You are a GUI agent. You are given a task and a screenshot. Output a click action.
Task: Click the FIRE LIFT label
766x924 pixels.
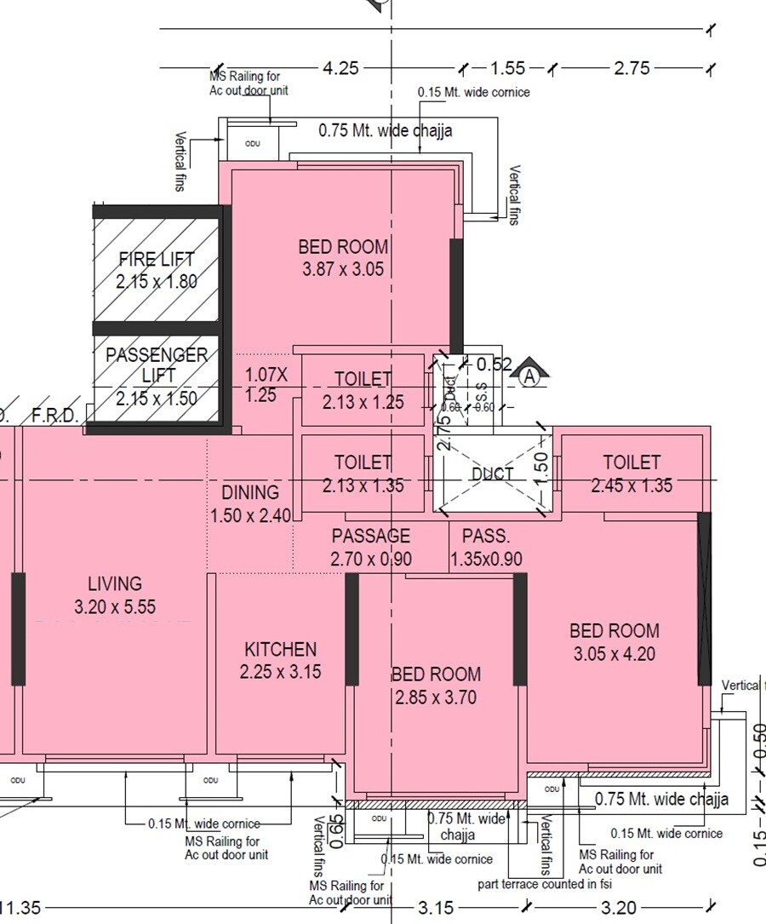coord(157,259)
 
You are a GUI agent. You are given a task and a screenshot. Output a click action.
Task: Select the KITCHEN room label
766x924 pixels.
coord(280,650)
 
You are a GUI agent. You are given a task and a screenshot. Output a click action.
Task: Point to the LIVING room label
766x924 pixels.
coord(115,584)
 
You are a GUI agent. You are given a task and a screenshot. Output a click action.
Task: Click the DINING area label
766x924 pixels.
coord(250,492)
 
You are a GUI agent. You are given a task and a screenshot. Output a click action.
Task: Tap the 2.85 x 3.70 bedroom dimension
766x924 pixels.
coord(436,698)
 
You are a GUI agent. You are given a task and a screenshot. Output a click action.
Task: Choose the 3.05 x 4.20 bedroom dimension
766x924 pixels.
coord(615,654)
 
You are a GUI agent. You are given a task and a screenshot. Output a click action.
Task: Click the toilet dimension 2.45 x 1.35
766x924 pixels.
coord(632,485)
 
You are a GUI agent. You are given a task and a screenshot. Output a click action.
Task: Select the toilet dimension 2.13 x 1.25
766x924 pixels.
coord(363,402)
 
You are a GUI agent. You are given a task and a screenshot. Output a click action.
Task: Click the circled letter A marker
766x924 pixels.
coord(531,376)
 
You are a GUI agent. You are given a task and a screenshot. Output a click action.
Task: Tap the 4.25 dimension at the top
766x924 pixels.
coord(340,68)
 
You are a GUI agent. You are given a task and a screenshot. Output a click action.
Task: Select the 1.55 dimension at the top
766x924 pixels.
coord(508,68)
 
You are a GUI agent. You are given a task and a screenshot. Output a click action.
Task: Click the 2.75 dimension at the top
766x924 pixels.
coord(632,68)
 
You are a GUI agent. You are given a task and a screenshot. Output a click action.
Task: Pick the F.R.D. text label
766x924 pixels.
coord(55,416)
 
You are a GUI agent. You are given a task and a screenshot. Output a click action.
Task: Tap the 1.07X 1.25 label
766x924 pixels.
coord(266,384)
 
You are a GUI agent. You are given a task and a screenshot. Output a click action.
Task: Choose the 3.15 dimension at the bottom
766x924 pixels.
coord(435,908)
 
